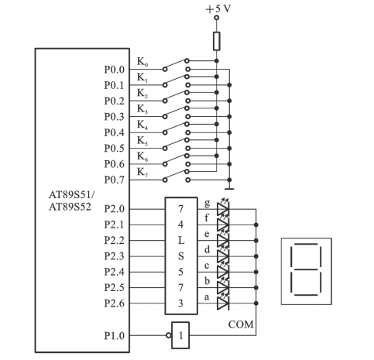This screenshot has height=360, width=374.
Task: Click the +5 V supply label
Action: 218,9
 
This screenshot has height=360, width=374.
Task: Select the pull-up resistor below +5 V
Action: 217,41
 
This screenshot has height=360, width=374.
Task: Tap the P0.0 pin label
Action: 114,70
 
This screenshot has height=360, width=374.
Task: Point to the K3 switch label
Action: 142,109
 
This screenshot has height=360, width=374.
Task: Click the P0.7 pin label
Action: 114,180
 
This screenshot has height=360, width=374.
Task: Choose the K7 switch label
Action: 142,172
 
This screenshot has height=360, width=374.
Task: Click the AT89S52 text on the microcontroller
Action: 70,207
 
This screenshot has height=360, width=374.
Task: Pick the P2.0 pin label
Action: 114,209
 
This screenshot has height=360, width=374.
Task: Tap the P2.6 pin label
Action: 114,303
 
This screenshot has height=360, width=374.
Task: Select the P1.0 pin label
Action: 114,336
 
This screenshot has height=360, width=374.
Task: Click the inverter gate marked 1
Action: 180,335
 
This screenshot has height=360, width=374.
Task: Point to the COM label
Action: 241,324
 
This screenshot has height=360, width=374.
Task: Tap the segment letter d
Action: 207,249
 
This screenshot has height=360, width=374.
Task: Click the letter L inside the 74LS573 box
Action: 181,241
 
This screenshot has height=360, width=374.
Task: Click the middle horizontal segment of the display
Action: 306,269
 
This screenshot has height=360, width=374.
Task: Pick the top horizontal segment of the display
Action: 306,244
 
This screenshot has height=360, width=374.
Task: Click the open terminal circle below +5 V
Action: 217,18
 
